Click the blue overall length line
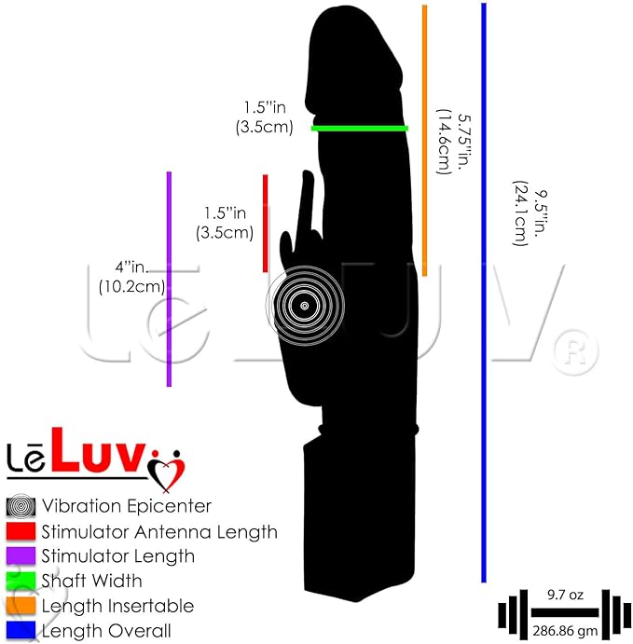click(484, 293)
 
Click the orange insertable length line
click(425, 141)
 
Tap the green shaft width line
click(360, 129)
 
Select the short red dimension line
click(266, 224)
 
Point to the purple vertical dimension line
click(169, 279)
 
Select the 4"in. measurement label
click(131, 267)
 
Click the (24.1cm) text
click(520, 213)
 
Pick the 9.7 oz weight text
click(565, 595)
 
